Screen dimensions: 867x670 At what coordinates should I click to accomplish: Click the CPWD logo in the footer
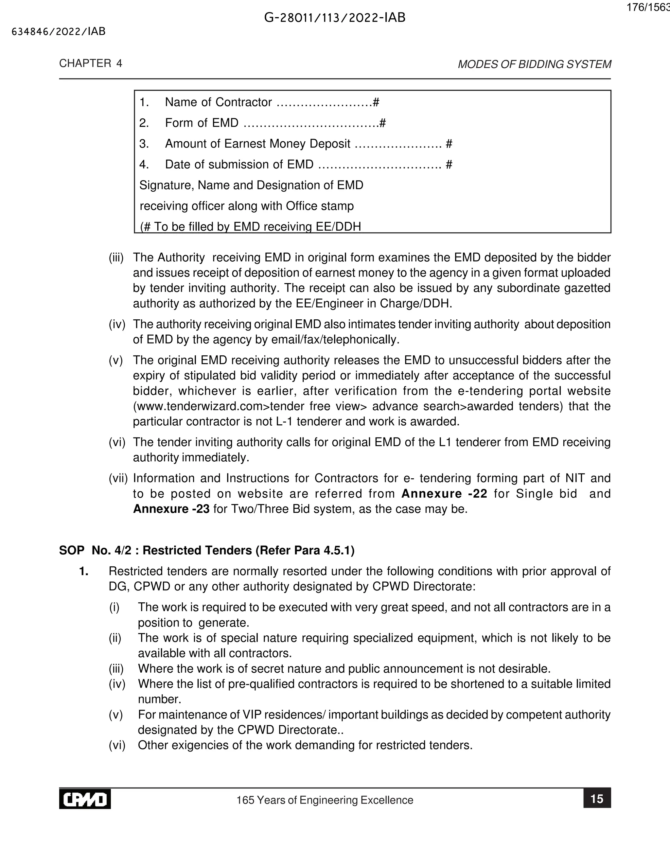85,799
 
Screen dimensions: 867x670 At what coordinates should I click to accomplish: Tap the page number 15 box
597,799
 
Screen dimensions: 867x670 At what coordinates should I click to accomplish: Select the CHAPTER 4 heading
91,63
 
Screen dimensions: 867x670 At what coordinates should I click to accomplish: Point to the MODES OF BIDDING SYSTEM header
534,64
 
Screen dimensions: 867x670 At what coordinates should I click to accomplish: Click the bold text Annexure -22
444,493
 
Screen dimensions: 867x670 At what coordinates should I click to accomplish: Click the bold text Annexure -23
171,509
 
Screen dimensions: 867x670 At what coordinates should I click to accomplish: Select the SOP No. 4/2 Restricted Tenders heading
206,550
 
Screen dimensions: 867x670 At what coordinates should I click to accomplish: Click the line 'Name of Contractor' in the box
218,102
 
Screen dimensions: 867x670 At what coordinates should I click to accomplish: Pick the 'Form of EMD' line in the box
202,123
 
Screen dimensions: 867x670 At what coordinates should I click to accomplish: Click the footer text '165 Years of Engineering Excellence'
325,800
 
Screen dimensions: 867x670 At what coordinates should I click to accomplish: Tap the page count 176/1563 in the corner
648,8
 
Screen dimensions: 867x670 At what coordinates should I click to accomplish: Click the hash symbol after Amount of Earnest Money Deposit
449,144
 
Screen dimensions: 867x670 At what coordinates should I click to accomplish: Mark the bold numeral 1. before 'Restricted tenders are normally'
83,571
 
